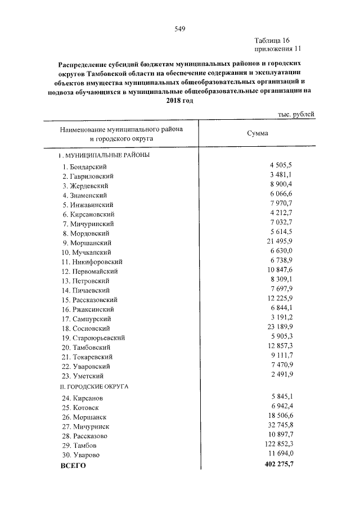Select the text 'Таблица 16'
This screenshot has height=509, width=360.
point(272,40)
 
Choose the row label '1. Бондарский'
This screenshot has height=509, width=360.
point(85,166)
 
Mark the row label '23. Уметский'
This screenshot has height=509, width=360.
point(83,376)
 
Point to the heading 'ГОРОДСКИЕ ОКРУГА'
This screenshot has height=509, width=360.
point(97,387)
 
